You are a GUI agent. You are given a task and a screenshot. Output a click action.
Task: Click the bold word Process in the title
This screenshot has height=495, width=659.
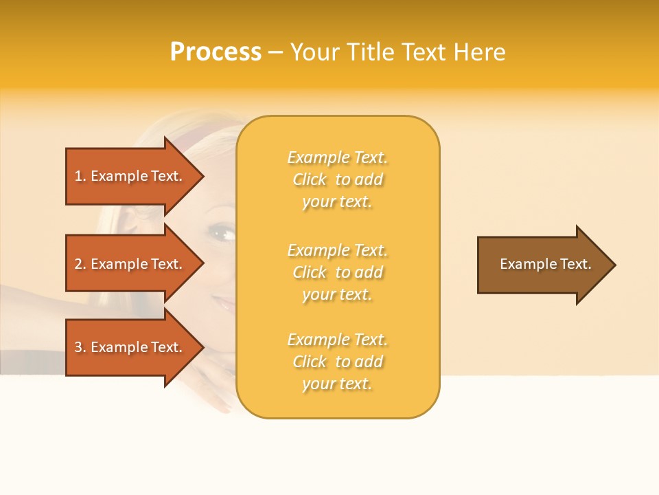[216, 52]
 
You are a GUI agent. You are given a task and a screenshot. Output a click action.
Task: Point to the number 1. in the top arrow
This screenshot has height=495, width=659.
[80, 176]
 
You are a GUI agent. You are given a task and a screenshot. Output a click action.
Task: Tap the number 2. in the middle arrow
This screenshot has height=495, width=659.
[80, 264]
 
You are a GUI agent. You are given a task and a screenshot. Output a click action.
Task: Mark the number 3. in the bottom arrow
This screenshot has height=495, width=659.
[80, 347]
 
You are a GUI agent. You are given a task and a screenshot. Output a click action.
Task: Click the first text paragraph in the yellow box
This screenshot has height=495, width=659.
[337, 179]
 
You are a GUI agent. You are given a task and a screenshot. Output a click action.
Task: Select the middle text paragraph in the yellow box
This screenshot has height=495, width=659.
[337, 272]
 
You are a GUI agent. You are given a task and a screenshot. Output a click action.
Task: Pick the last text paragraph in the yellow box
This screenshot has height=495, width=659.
[337, 362]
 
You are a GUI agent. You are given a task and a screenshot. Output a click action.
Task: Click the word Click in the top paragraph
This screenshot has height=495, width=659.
[310, 179]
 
